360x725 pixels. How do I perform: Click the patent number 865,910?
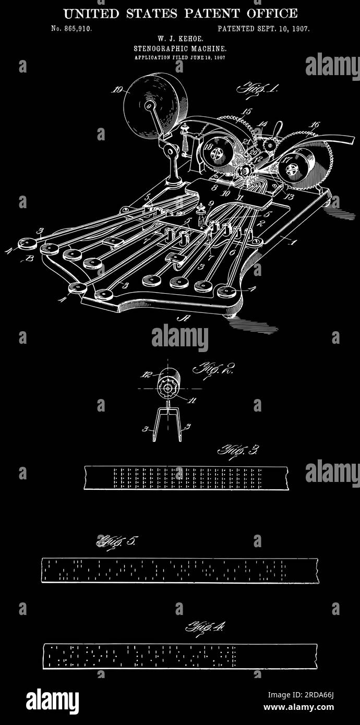[77, 29]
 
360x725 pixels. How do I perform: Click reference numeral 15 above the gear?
[246, 112]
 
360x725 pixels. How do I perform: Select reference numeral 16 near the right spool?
[314, 125]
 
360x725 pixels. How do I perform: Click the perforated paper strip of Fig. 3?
[186, 478]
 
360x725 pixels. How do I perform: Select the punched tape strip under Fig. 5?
[179, 570]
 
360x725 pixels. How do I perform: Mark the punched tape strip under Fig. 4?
[179, 656]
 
